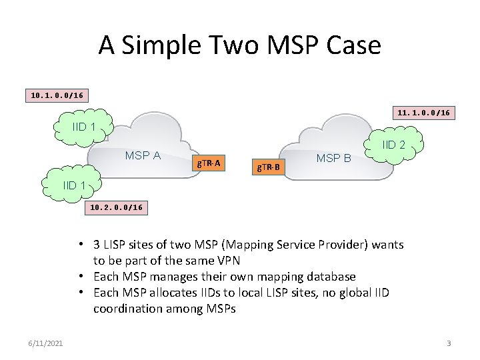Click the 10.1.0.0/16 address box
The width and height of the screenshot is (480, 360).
(x=57, y=95)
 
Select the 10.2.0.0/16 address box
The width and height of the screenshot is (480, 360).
(x=116, y=207)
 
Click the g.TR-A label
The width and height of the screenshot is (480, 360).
(x=209, y=162)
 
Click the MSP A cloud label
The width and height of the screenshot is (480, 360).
(x=143, y=155)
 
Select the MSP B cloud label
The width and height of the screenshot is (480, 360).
(x=333, y=158)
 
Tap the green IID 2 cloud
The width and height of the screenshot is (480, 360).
(x=393, y=145)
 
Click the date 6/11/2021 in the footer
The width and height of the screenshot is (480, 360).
(x=47, y=343)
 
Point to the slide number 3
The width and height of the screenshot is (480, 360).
(x=449, y=343)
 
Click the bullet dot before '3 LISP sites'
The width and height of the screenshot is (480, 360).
(x=79, y=245)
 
